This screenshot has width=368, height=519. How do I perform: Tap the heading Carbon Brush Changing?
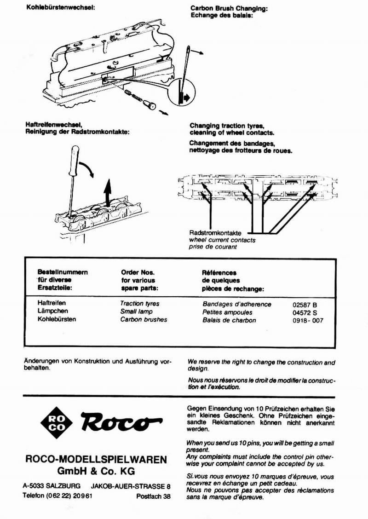tap(229, 8)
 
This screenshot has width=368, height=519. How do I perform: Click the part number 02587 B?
tap(305, 305)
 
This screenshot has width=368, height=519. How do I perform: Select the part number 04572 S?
tap(305, 312)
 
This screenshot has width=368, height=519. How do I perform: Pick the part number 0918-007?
tap(308, 320)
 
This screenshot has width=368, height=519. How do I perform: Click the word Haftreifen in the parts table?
tap(52, 304)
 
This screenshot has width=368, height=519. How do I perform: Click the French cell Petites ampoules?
tap(227, 312)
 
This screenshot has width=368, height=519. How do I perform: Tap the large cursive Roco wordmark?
tap(121, 420)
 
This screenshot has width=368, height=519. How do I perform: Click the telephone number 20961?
tap(82, 496)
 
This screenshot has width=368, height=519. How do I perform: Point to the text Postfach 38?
tap(154, 496)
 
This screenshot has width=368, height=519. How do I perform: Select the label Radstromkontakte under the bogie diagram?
tap(215, 233)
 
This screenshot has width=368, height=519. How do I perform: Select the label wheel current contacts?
tap(222, 240)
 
